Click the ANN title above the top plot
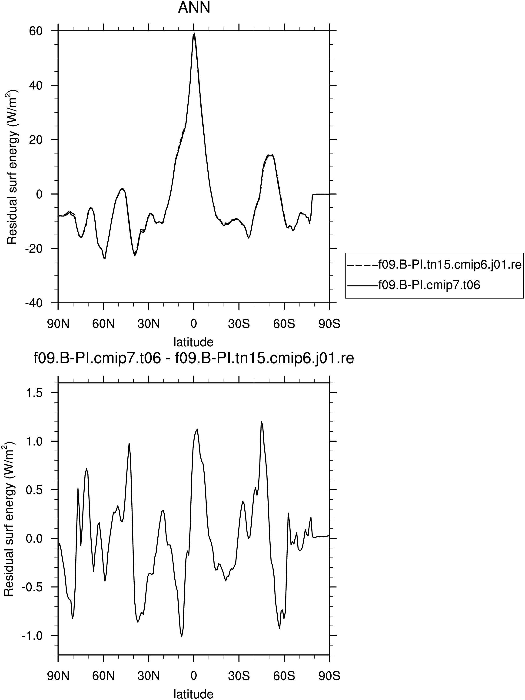pos(194,8)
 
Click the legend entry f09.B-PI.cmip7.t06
pos(414,285)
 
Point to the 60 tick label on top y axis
pos(36,31)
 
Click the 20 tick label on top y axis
pos(36,139)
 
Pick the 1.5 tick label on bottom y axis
pos(33,392)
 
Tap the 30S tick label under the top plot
pos(239,324)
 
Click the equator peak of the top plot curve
pos(194,33)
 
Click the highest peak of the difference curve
pos(261,421)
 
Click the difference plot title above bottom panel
pos(193,358)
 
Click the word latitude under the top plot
pos(193,342)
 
